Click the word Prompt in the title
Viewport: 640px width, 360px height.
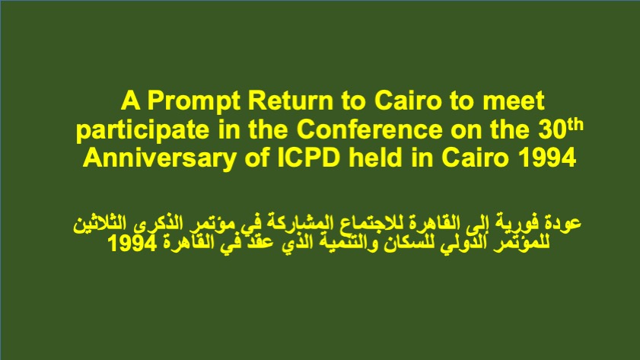pyautogui.click(x=193, y=100)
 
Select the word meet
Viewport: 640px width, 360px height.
pyautogui.click(x=514, y=100)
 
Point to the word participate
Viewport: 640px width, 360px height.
pyautogui.click(x=142, y=130)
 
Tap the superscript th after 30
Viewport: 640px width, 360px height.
pyautogui.click(x=575, y=125)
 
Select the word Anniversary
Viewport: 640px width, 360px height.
pyautogui.click(x=159, y=158)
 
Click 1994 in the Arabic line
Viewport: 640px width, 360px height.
pyautogui.click(x=132, y=244)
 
